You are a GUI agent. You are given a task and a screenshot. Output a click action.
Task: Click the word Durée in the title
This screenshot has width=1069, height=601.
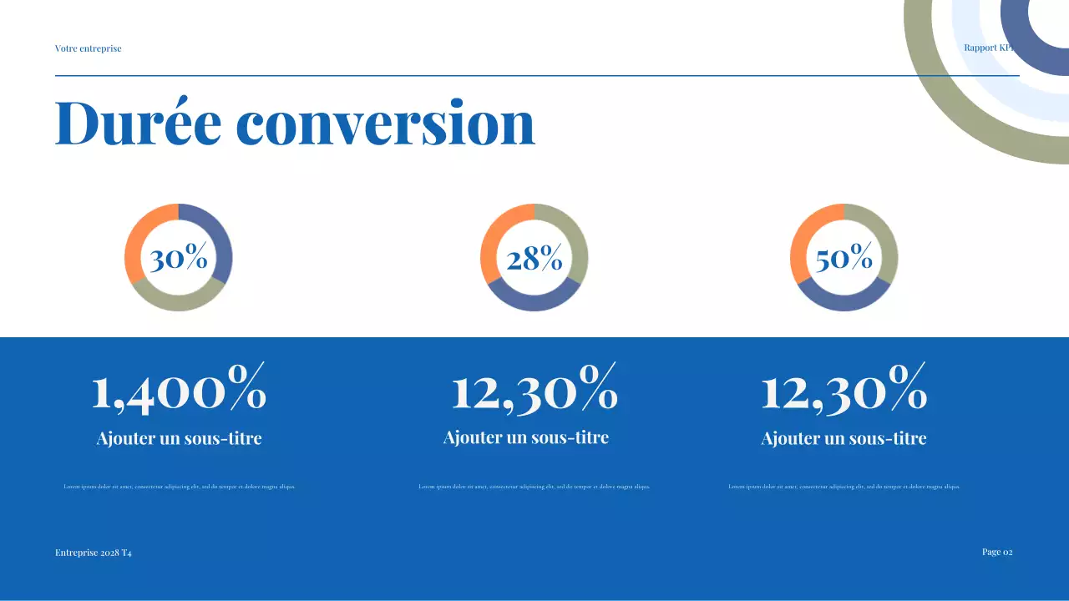tap(138, 124)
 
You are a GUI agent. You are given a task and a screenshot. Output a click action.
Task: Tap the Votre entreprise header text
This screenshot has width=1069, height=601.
tap(88, 48)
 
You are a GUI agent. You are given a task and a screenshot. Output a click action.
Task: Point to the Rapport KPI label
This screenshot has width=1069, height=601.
tap(989, 48)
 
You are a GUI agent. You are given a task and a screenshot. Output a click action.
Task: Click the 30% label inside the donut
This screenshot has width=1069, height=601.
tap(179, 259)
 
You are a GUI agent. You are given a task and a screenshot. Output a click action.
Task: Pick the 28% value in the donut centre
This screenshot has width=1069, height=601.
tap(534, 259)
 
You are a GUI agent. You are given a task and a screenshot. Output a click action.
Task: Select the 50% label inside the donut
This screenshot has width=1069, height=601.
tap(844, 259)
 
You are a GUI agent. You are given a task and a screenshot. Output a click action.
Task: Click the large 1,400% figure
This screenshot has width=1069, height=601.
tap(179, 389)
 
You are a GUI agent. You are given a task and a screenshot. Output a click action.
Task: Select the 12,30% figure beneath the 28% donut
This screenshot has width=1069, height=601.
tap(534, 389)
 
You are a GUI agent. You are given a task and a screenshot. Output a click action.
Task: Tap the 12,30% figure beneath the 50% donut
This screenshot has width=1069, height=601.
tap(844, 389)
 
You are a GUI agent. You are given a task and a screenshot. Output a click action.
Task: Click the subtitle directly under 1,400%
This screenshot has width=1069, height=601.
tap(179, 438)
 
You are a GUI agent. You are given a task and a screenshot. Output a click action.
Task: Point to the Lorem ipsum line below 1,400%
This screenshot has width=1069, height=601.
tap(179, 487)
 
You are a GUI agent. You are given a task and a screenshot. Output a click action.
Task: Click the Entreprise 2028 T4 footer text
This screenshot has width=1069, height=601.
tap(94, 553)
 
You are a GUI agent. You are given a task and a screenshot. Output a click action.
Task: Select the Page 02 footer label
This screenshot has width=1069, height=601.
tap(997, 552)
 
